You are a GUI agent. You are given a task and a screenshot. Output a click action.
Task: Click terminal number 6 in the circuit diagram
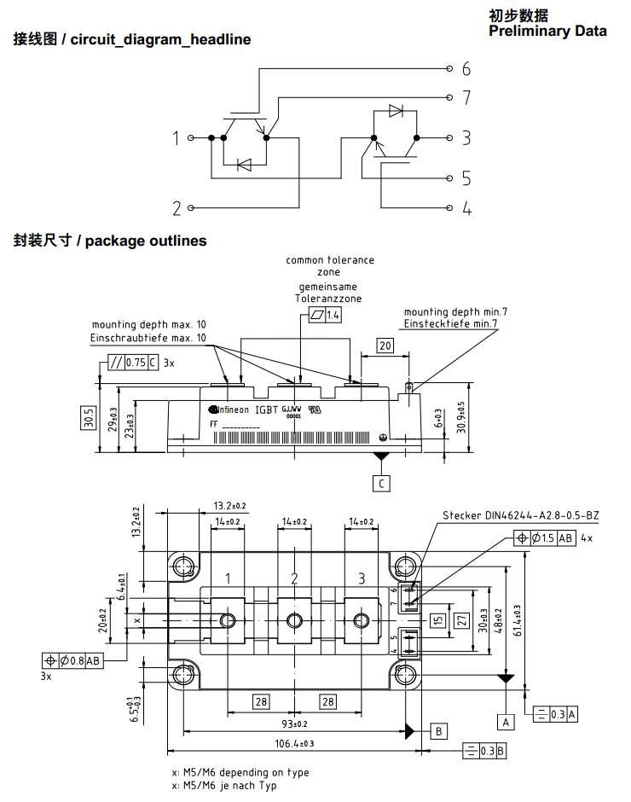click(466, 69)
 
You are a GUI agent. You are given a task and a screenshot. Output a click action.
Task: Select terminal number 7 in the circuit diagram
click(466, 97)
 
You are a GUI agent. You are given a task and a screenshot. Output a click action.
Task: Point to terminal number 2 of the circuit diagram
click(177, 208)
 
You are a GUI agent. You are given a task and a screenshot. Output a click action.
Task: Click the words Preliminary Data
click(547, 32)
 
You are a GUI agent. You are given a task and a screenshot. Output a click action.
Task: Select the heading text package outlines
click(146, 241)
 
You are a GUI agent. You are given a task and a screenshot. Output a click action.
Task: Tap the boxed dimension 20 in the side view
click(385, 345)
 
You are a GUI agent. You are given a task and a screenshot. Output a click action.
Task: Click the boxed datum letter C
click(381, 484)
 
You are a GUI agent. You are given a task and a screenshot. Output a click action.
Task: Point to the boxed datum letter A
click(506, 722)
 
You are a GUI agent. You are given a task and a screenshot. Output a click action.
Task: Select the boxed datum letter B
click(438, 731)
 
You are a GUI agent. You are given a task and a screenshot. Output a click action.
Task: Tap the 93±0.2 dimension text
click(294, 724)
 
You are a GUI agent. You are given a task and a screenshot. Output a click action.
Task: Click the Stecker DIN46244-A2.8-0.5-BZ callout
click(520, 515)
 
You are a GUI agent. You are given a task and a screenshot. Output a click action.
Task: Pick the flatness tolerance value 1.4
click(333, 316)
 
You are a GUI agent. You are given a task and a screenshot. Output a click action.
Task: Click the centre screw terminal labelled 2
click(295, 619)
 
